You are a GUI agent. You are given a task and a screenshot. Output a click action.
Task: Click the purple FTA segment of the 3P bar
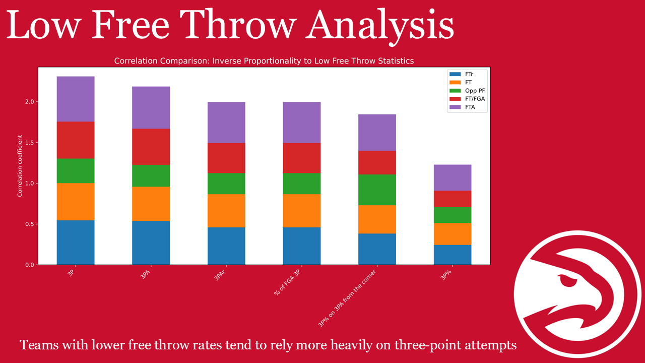point(76,99)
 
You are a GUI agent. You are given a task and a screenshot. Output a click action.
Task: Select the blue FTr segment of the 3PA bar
point(151,243)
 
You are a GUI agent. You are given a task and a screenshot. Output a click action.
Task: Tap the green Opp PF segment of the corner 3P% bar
point(377,190)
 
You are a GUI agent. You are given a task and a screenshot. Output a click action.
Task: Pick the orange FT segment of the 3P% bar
point(453,233)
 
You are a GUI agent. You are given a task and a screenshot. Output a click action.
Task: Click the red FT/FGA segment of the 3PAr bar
point(226,158)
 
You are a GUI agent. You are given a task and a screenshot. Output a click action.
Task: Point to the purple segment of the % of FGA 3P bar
point(301,122)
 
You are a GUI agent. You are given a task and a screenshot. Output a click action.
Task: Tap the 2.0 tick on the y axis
point(30,102)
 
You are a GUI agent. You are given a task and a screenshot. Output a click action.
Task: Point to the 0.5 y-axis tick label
point(30,224)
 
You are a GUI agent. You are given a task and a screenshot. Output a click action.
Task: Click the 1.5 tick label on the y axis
point(30,143)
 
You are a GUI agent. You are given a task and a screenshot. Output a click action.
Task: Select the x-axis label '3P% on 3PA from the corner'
point(348,298)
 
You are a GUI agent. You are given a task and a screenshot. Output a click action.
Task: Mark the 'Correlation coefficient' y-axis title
point(20,165)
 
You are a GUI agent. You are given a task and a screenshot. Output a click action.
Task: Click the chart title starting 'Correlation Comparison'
point(264,61)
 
